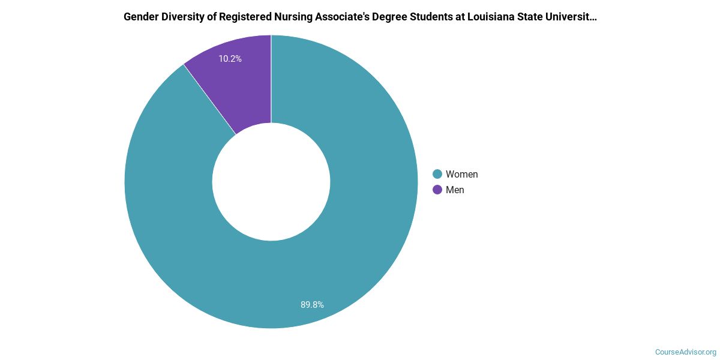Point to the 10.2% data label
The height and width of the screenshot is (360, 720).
pos(230,59)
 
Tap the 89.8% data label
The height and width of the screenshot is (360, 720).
pos(312,305)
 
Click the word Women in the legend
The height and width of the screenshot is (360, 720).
pos(461,175)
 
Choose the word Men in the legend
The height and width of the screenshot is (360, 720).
pos(455,190)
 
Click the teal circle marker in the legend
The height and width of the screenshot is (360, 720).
pos(437,175)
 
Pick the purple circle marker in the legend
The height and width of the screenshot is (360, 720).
pos(437,190)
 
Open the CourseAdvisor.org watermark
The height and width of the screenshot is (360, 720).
pos(685,352)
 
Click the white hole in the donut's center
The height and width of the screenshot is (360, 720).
pos(271,182)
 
